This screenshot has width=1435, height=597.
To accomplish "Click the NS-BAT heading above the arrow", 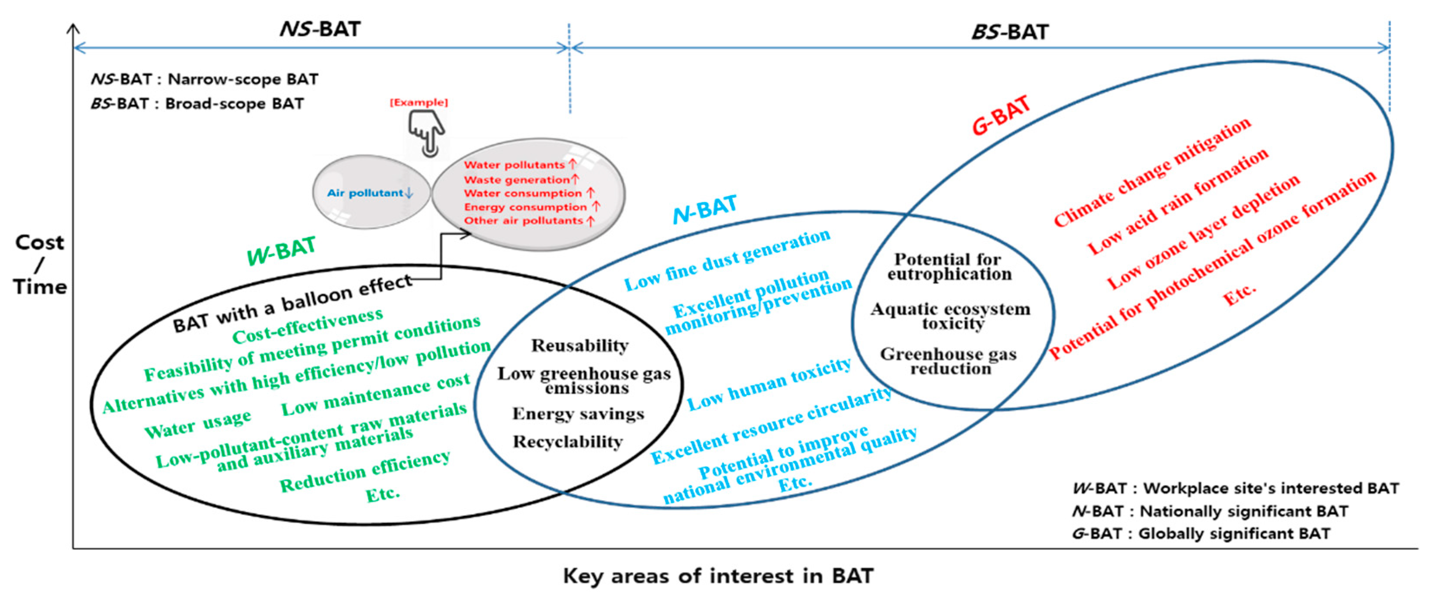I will point(320,29).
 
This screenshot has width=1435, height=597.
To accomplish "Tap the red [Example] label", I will point(418,102).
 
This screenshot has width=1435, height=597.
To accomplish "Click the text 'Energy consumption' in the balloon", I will point(525,207).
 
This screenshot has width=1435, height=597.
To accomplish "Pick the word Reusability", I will point(579,346).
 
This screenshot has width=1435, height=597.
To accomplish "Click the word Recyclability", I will point(568,442).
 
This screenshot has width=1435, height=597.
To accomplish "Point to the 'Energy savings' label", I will point(578,414).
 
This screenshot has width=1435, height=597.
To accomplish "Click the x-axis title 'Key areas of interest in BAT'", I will point(717,576).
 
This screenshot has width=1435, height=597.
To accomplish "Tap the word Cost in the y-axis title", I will point(40,242).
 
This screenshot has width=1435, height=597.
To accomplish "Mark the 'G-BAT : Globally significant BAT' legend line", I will point(1200,533).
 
